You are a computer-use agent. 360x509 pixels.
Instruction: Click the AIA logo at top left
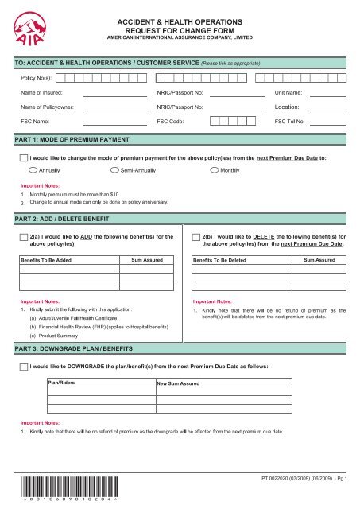tap(26, 27)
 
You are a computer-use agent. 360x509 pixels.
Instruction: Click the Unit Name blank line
tap(329, 93)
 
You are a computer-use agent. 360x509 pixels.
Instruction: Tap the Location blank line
tap(329, 107)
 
